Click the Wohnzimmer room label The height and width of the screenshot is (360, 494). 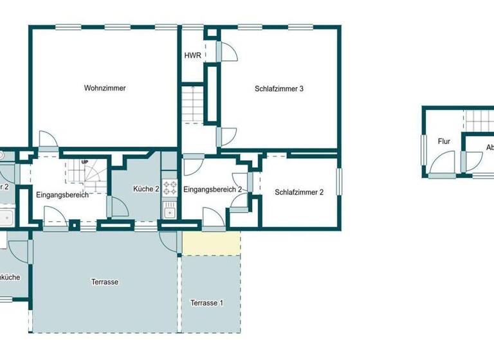[104, 88]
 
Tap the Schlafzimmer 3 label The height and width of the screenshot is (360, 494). [279, 89]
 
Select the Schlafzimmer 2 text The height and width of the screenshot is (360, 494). [298, 192]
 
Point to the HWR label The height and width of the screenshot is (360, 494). [192, 56]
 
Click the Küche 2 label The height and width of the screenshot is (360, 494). [146, 189]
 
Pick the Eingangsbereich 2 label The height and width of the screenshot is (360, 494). [212, 189]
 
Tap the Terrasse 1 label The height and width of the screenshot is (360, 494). [207, 303]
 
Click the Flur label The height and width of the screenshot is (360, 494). [444, 141]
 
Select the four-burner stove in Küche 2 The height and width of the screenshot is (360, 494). [170, 188]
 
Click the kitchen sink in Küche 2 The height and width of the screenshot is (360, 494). [170, 210]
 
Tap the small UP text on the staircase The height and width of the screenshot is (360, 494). [84, 162]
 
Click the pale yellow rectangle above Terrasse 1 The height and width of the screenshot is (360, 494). [211, 243]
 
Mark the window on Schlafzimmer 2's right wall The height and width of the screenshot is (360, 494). [339, 180]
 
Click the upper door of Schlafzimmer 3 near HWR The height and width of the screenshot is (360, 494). [226, 51]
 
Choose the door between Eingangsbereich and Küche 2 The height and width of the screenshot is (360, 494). [116, 206]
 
